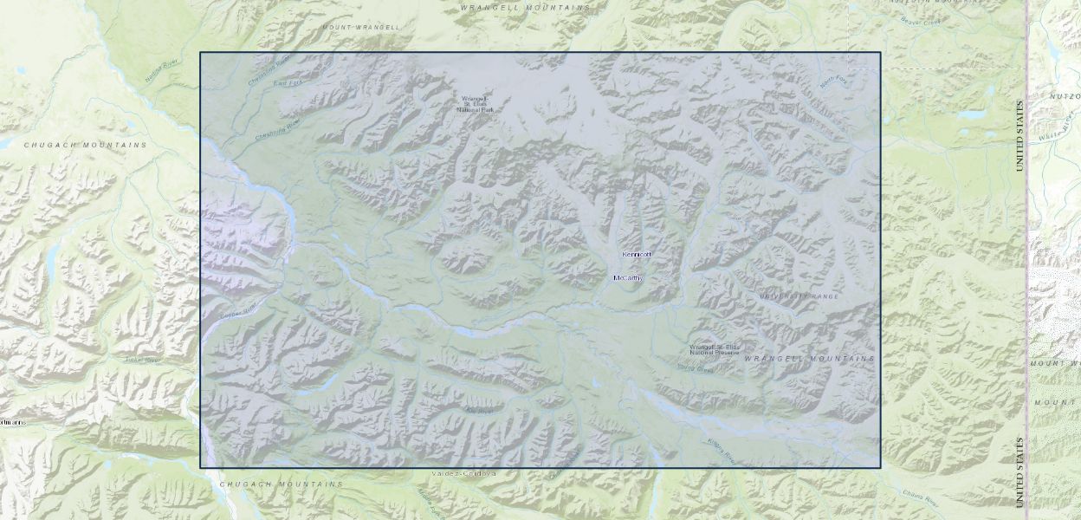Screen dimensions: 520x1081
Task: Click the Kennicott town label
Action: pos(636,254)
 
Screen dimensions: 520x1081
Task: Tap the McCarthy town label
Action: pos(628,277)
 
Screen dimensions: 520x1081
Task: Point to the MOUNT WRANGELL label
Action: pos(361,27)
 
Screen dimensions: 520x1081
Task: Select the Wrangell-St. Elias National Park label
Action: pos(476,105)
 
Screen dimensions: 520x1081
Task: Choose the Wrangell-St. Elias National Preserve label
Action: pos(715,350)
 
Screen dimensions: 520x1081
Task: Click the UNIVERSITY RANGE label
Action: pos(799,296)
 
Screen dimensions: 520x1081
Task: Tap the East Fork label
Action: pos(285,83)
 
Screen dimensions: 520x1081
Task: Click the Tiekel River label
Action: pos(143,360)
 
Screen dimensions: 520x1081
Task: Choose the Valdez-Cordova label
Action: pos(464,474)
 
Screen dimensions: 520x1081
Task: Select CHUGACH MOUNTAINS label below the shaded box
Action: pos(282,484)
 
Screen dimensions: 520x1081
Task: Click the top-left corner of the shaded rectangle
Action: pos(201,53)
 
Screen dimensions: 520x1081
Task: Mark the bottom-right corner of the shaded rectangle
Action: pos(880,468)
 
